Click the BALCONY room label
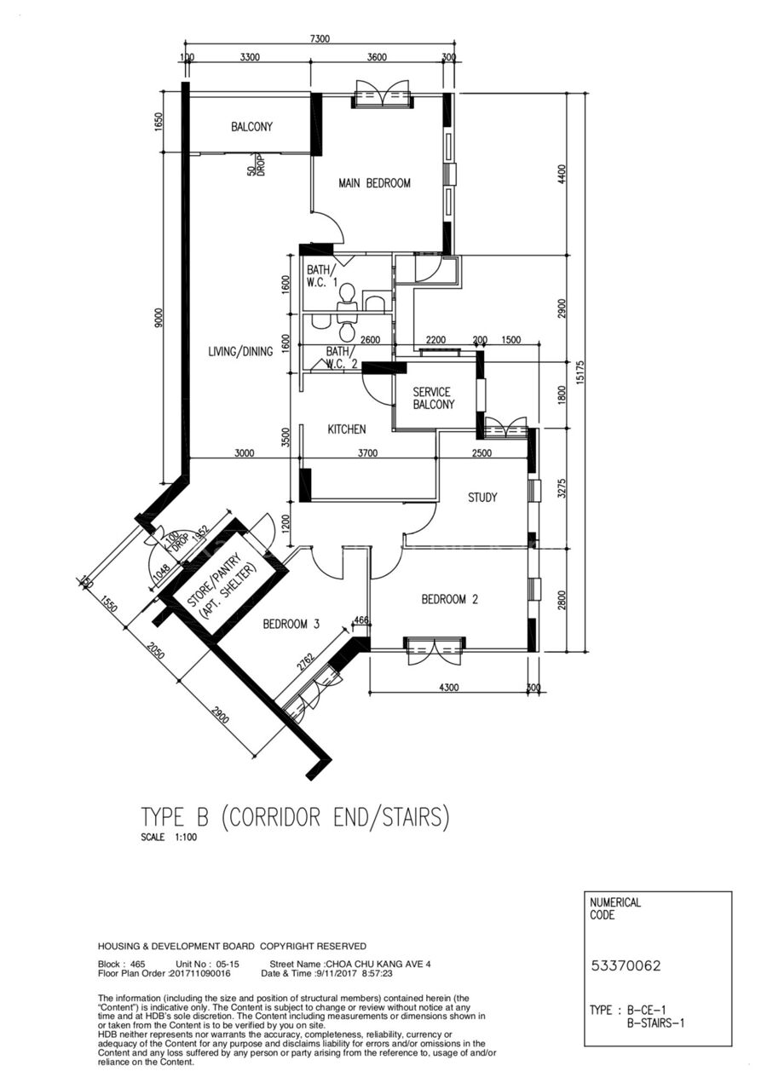pyautogui.click(x=251, y=127)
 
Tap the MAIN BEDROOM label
pyautogui.click(x=374, y=183)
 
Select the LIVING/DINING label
pyautogui.click(x=240, y=352)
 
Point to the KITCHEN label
pyautogui.click(x=347, y=429)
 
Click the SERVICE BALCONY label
pyautogui.click(x=434, y=398)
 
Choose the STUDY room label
pyautogui.click(x=482, y=498)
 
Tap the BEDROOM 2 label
pyautogui.click(x=450, y=600)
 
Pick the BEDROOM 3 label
pyautogui.click(x=291, y=625)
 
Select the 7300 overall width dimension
pyautogui.click(x=320, y=38)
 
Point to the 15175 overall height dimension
pyautogui.click(x=581, y=372)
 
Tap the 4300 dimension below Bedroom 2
pyautogui.click(x=449, y=687)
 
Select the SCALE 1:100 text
pyautogui.click(x=169, y=837)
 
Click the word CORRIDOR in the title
pyautogui.click(x=274, y=817)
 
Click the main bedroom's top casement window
pyautogui.click(x=382, y=98)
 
